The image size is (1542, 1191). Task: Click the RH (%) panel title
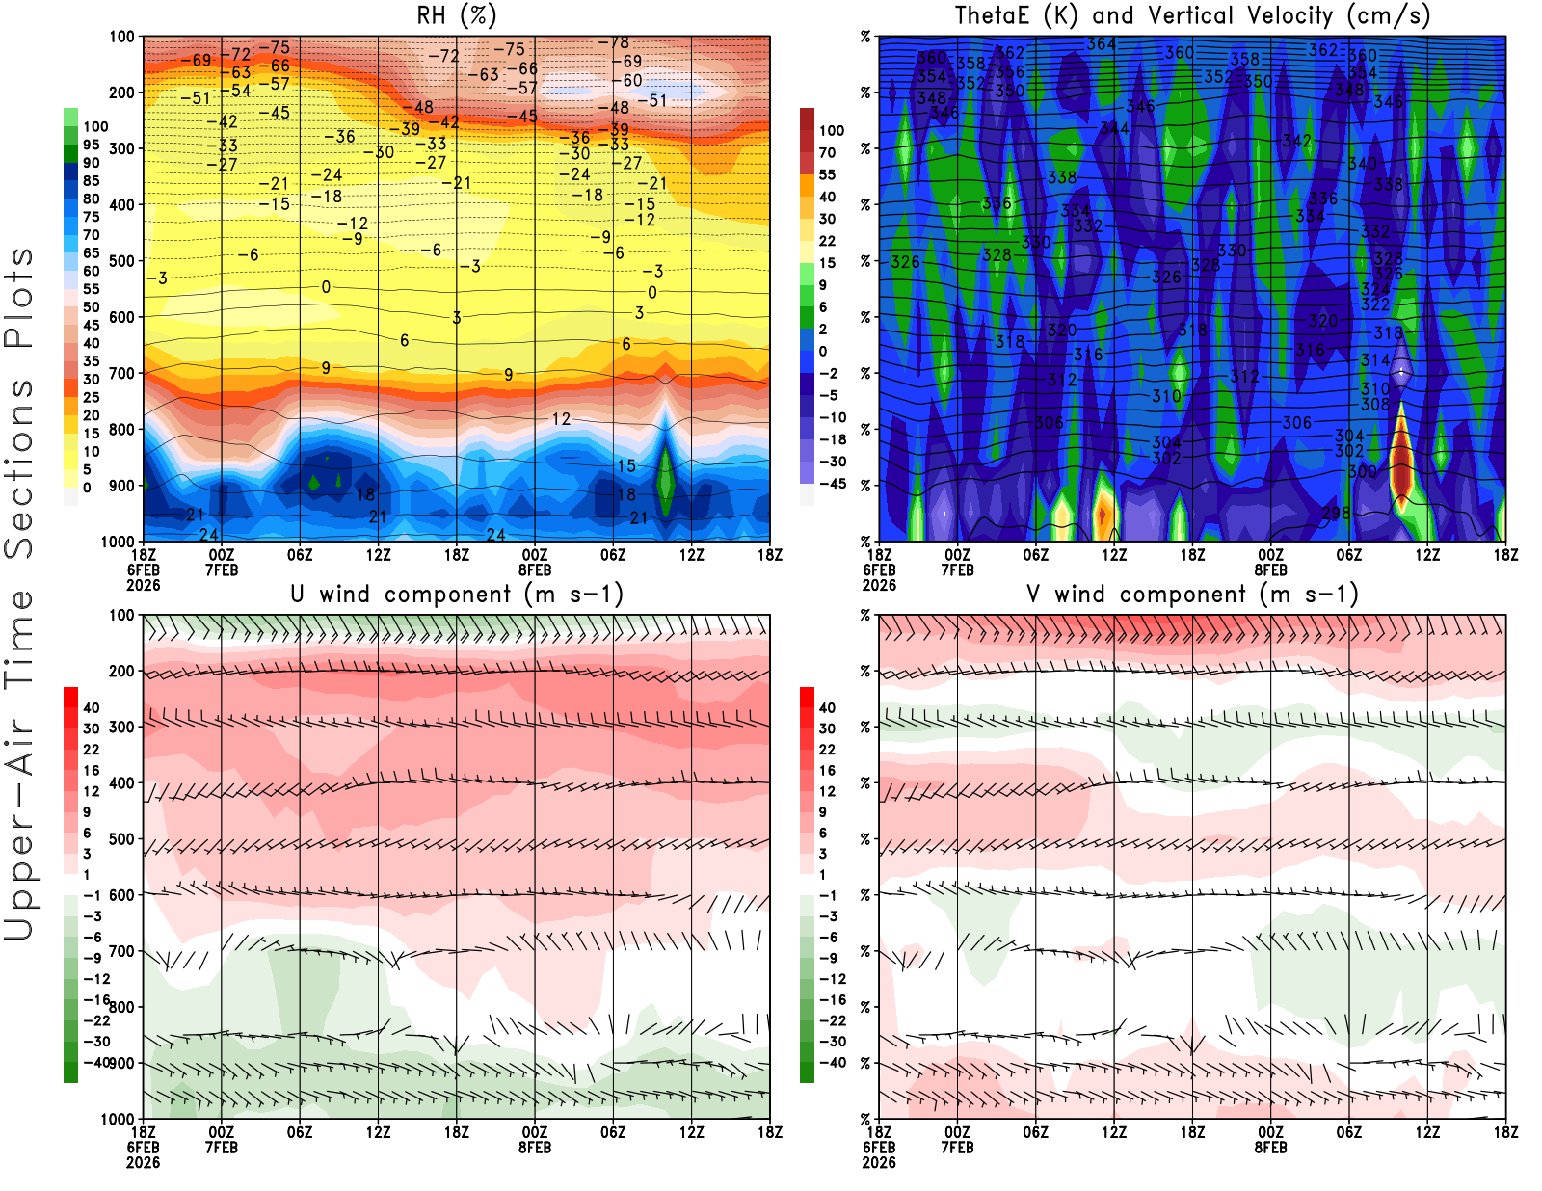456,15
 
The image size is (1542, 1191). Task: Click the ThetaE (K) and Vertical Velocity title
1192,15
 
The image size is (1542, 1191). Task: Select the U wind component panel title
457,594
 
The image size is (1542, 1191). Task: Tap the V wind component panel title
1192,594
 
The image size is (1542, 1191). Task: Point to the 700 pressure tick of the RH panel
122,373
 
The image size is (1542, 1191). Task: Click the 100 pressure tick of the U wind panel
122,615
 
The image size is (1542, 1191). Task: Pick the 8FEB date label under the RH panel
535,569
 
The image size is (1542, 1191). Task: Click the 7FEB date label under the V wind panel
957,1148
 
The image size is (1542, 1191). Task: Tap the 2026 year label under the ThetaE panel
879,585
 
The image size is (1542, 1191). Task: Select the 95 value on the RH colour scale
92,145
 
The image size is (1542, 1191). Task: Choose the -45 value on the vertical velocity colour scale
832,484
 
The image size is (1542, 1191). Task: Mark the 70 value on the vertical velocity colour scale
828,152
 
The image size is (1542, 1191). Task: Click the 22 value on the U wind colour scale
92,750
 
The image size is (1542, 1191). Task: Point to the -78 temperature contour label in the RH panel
614,42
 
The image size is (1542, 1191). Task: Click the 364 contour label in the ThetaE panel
1101,44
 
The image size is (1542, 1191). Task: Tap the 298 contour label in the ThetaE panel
1336,513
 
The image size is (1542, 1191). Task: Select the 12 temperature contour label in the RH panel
561,419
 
